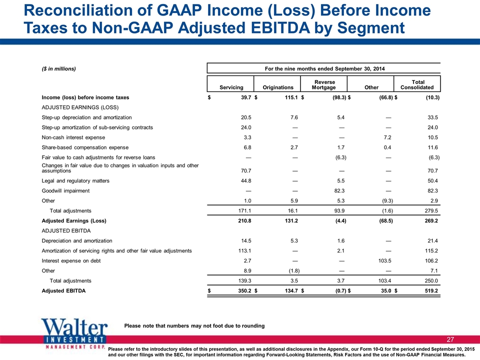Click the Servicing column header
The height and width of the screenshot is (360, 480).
231,87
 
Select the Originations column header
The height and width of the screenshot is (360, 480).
278,87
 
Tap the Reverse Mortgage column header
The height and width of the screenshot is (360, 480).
324,85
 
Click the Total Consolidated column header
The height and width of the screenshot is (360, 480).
417,85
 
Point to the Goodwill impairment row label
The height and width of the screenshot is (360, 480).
65,190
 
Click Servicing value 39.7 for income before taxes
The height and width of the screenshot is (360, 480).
246,97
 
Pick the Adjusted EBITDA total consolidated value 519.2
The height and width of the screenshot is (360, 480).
431,291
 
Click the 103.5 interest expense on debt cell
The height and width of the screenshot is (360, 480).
385,261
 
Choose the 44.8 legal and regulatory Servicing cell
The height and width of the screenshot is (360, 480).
246,180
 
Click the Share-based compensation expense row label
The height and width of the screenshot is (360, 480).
85,147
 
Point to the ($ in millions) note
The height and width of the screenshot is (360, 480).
59,69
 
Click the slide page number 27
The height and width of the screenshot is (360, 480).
450,339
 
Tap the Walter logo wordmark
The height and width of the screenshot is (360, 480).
74,327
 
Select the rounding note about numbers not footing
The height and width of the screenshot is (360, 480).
194,325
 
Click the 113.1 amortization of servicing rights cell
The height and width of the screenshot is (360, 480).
244,250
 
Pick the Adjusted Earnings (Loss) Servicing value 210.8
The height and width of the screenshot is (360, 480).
244,220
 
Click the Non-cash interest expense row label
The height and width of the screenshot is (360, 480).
73,137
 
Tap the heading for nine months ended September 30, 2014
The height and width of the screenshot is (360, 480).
324,69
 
